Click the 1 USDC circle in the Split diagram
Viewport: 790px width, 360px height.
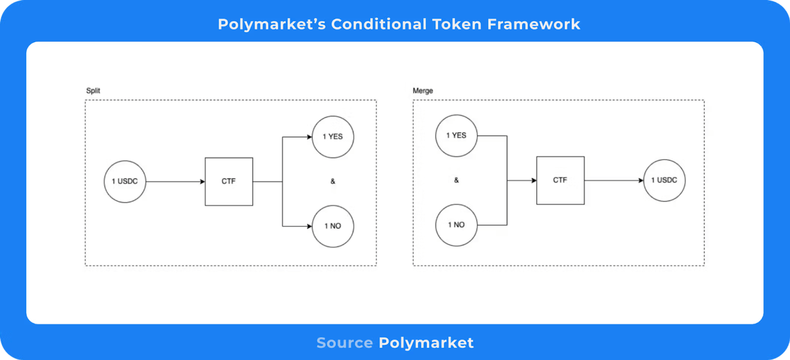click(x=125, y=181)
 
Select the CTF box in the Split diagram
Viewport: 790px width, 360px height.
click(x=229, y=181)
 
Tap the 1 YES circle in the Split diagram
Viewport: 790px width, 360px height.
click(x=333, y=137)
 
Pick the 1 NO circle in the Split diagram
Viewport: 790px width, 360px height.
click(x=333, y=226)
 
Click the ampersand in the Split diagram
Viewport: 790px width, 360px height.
click(x=333, y=181)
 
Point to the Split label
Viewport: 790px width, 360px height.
click(x=93, y=91)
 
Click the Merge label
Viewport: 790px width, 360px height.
click(x=423, y=91)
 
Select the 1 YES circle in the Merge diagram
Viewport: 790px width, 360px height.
click(x=456, y=136)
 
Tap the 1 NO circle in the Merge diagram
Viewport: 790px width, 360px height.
click(x=456, y=225)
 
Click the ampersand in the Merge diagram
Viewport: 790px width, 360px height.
click(x=456, y=180)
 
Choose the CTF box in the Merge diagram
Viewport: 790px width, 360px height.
click(x=560, y=180)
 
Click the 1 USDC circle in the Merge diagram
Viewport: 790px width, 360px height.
click(x=664, y=180)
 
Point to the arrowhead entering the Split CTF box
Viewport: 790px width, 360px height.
click(x=202, y=181)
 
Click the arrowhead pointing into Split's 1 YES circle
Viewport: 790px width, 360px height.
click(x=309, y=137)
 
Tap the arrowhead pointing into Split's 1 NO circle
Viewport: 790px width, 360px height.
click(x=309, y=226)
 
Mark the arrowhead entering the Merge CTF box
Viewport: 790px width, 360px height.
click(x=534, y=180)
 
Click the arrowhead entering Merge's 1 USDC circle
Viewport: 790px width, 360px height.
click(x=641, y=180)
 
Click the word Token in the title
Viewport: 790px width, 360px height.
click(x=457, y=24)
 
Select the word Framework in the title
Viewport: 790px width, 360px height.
click(x=534, y=24)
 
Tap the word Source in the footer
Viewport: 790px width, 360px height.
click(x=344, y=343)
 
